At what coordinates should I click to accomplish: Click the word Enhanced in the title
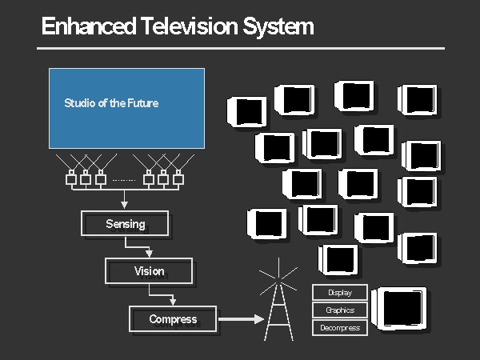point(89,26)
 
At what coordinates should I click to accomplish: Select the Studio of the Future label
point(111,103)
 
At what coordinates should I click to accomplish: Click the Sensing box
point(126,224)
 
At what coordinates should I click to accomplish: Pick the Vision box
point(149,271)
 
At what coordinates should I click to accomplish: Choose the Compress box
point(173,319)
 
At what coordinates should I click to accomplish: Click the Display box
point(339,293)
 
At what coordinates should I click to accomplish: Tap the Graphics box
point(339,310)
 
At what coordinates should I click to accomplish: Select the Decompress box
point(339,328)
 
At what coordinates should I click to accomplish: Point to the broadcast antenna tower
point(278,304)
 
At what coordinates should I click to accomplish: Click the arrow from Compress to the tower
point(240,319)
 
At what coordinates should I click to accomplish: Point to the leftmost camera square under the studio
point(70,178)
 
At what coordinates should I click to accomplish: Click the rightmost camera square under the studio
point(178,178)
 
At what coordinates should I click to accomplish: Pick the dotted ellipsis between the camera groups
point(124,180)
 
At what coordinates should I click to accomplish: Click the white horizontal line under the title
point(240,48)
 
